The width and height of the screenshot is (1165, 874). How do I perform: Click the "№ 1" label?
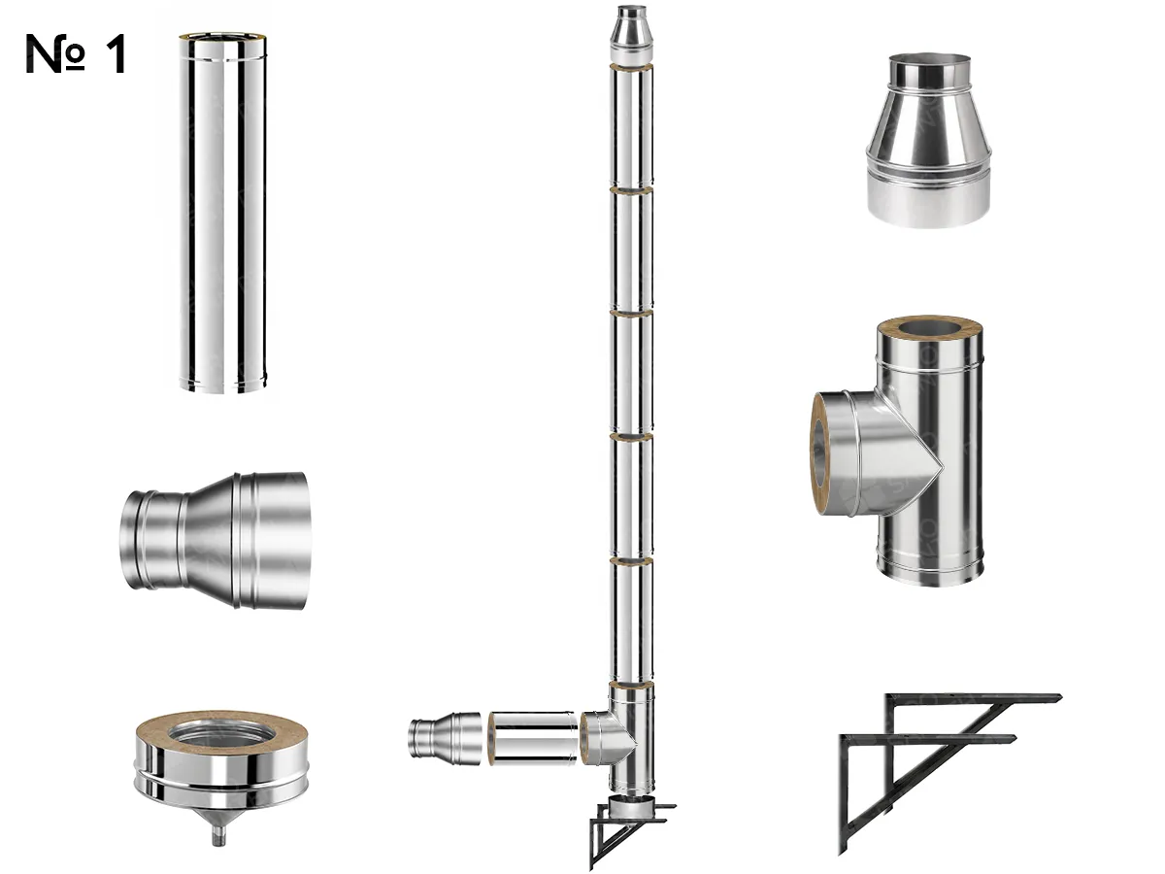pyautogui.click(x=76, y=54)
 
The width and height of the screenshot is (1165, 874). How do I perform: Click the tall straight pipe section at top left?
pyautogui.click(x=221, y=214)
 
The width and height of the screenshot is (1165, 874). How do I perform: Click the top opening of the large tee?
pyautogui.click(x=930, y=330)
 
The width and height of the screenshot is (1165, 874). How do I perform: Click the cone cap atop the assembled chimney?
pyautogui.click(x=629, y=29)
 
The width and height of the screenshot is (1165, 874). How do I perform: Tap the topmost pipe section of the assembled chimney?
pyautogui.click(x=630, y=126)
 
